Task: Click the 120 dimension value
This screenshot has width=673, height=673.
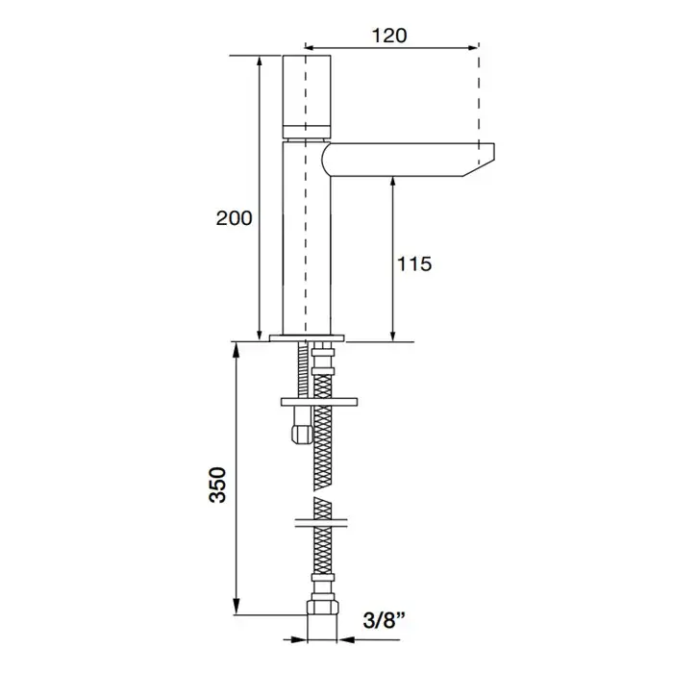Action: pyautogui.click(x=388, y=37)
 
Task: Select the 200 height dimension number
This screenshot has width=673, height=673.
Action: pyautogui.click(x=234, y=218)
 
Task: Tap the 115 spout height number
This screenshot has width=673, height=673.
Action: pyautogui.click(x=414, y=264)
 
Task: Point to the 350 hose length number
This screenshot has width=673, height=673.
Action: pyautogui.click(x=217, y=485)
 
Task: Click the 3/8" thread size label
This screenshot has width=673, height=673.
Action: pyautogui.click(x=385, y=620)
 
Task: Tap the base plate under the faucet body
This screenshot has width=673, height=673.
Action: pyautogui.click(x=307, y=338)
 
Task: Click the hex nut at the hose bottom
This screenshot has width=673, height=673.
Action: pyautogui.click(x=322, y=608)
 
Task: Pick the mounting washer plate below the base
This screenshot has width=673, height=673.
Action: pyautogui.click(x=319, y=402)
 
